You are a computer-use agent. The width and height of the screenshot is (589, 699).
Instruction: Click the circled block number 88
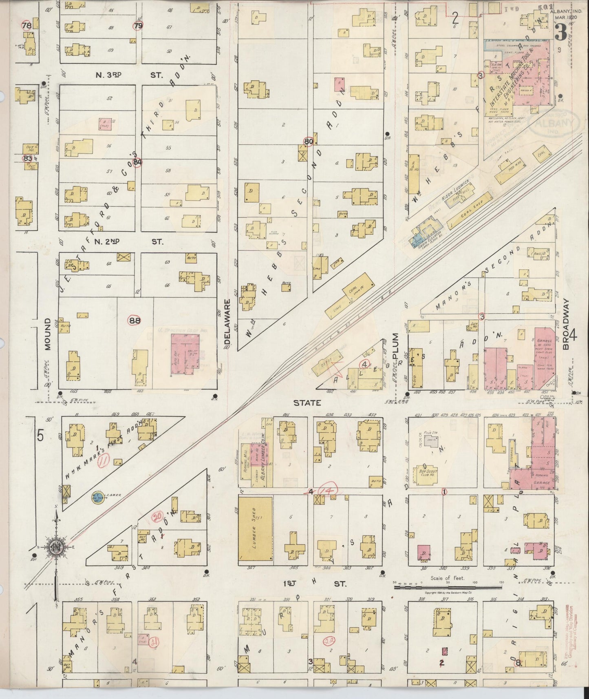point(135,321)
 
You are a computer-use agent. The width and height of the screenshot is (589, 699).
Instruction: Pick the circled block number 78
point(27,25)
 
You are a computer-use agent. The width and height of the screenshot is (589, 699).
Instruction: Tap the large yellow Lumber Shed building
point(255,529)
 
